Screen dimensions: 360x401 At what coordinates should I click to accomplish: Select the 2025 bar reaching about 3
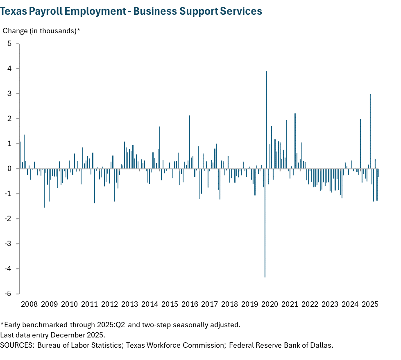(370, 131)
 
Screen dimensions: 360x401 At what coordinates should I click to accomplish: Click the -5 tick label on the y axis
(8, 294)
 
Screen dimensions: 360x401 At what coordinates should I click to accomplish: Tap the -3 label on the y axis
(8, 244)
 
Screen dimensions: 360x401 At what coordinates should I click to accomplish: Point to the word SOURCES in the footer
(17, 345)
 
